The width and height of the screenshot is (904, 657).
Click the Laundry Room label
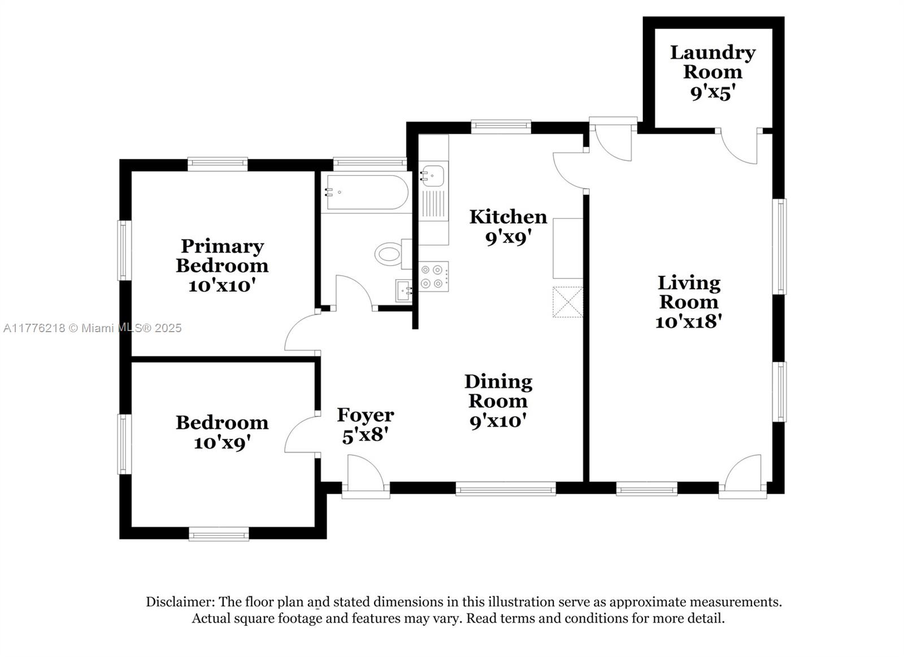712,62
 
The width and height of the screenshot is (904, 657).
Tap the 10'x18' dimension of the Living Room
688,321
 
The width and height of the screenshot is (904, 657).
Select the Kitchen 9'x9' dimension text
507,238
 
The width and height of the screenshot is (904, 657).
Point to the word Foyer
365,415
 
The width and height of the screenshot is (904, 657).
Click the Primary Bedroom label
222,256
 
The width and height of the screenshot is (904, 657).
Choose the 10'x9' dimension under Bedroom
222,443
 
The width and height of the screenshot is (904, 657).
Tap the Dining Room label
498,391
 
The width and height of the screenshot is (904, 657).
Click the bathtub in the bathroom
367,192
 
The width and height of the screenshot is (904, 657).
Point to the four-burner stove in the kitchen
433,276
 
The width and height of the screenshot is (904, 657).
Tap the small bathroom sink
403,290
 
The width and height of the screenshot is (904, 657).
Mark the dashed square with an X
567,302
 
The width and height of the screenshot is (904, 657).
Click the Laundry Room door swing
738,147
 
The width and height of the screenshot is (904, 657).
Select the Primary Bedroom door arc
302,332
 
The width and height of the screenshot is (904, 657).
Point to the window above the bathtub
370,163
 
